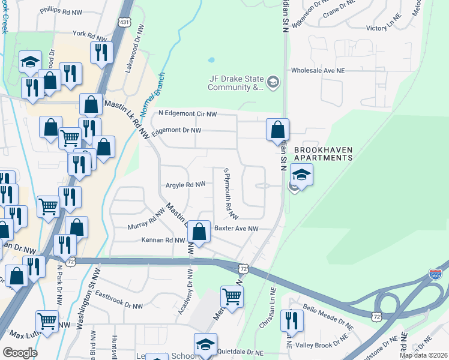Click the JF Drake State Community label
pyautogui.click(x=235, y=83)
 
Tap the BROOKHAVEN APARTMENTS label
pyautogui.click(x=322, y=154)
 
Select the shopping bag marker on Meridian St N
pyautogui.click(x=278, y=130)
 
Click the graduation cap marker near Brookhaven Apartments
pyautogui.click(x=301, y=175)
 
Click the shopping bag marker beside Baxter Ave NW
pyautogui.click(x=199, y=232)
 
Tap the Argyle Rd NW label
pyautogui.click(x=185, y=185)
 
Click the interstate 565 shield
pyautogui.click(x=436, y=274)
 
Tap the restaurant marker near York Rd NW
pyautogui.click(x=101, y=52)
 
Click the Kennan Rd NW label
pyautogui.click(x=163, y=240)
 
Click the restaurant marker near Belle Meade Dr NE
pyautogui.click(x=292, y=320)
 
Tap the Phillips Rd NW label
pyautogui.click(x=60, y=11)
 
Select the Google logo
pyautogui.click(x=19, y=353)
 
